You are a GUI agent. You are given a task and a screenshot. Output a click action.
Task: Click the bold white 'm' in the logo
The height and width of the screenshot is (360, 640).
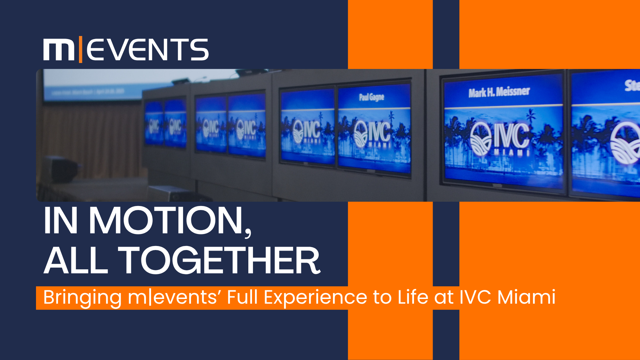59,50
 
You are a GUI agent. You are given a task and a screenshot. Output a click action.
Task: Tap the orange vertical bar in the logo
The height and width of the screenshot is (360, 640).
80,50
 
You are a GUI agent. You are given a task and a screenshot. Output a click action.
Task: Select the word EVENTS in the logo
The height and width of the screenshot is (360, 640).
148,50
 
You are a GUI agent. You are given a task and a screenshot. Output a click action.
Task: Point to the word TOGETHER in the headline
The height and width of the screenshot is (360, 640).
219,261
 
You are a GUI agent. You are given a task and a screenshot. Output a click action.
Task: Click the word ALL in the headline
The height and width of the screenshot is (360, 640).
76,261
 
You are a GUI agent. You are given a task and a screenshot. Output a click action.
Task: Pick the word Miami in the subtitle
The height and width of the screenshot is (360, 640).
526,297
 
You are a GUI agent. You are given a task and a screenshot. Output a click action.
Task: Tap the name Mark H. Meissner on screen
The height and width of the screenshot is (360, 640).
499,92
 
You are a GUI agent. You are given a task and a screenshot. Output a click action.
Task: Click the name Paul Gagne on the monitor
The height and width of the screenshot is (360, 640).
372,97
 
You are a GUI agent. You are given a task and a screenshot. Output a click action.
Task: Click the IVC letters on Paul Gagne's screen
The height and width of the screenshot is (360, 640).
380,132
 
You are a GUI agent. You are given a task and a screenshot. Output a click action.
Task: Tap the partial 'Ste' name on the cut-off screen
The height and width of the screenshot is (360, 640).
632,85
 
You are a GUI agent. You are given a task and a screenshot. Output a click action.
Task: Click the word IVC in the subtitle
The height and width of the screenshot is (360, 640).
475,297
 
